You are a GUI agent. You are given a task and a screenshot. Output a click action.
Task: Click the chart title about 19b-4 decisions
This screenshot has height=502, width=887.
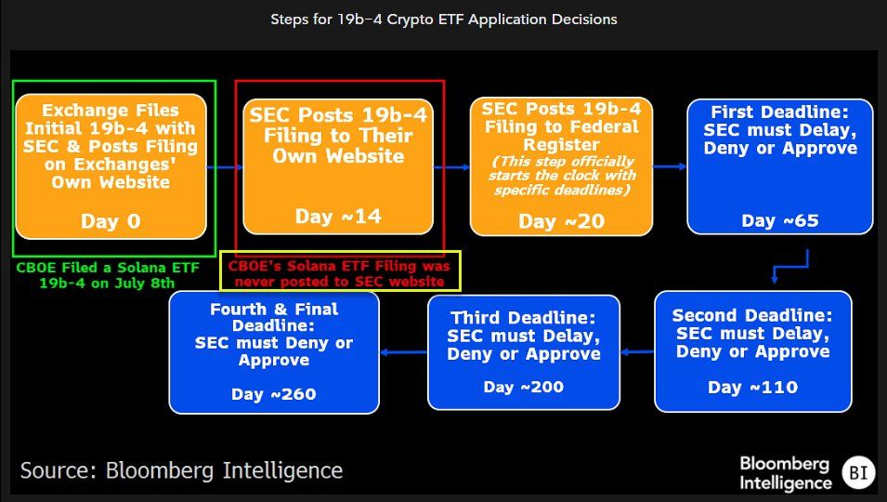(x=443, y=19)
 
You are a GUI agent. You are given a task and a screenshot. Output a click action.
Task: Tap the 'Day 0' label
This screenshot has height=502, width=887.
(x=111, y=222)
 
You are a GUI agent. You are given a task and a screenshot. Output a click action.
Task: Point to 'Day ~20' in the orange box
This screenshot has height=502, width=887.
(x=561, y=221)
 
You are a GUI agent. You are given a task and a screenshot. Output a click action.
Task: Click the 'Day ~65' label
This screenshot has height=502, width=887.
(x=780, y=220)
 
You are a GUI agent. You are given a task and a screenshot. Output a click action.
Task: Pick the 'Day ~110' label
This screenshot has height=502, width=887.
(x=752, y=387)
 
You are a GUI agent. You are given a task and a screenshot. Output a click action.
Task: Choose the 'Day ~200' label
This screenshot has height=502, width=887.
(x=523, y=387)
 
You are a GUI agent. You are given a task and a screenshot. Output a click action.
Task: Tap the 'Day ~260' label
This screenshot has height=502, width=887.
(x=274, y=393)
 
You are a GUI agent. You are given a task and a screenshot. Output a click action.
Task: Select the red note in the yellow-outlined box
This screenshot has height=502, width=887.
(x=340, y=271)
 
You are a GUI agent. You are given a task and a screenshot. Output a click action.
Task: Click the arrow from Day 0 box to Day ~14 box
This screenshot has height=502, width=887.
(x=224, y=167)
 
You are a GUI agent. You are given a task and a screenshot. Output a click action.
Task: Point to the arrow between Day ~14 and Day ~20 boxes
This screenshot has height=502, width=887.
(x=452, y=167)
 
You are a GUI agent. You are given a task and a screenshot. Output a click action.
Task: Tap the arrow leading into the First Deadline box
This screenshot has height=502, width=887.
(x=669, y=166)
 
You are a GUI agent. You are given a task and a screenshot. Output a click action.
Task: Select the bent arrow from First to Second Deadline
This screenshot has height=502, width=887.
(x=789, y=267)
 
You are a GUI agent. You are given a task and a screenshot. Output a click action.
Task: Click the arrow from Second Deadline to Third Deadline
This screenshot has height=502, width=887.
(x=637, y=351)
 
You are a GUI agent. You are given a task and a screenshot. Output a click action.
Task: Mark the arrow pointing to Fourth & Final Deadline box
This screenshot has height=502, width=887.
(x=403, y=351)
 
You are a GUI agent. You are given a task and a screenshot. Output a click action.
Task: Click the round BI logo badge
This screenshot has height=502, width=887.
(x=857, y=473)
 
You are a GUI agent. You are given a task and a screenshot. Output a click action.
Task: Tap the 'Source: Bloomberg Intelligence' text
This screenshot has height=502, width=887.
(x=181, y=470)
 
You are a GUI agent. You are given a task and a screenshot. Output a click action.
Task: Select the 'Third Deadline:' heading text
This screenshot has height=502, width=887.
(x=523, y=317)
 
